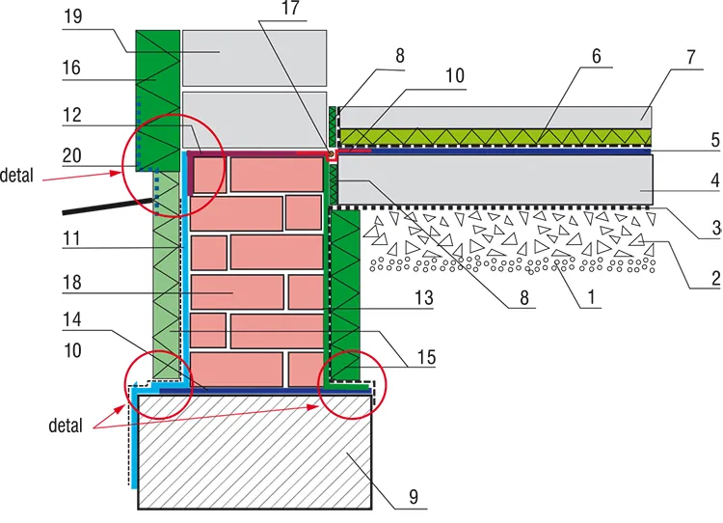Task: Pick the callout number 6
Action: click(x=598, y=56)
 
